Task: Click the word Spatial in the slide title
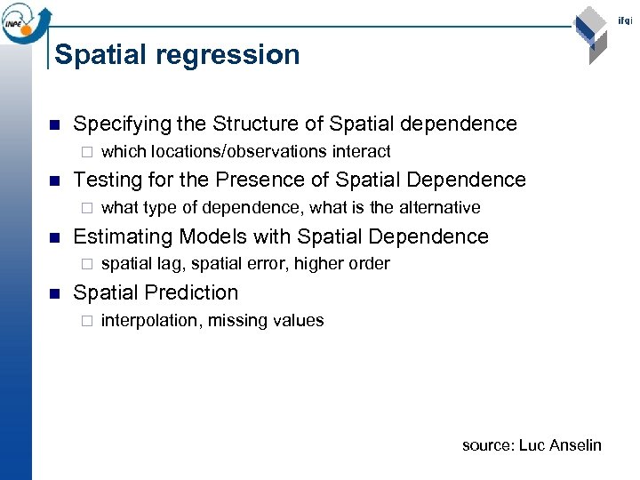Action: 98,55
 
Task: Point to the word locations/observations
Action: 240,152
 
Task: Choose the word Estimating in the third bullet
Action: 122,236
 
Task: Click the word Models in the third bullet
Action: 210,236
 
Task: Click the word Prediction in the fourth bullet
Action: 196,292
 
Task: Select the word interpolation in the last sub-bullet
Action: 150,321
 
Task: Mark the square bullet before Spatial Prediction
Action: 55,293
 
